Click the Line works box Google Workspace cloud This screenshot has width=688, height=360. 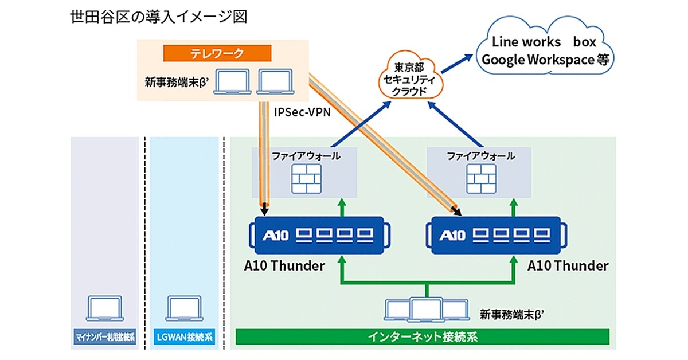[x=545, y=50]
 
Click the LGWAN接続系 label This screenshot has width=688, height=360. [x=185, y=337]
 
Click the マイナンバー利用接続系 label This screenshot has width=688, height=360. [x=104, y=337]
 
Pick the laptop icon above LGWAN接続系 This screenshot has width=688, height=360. [x=184, y=310]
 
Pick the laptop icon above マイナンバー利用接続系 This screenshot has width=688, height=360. [x=104, y=310]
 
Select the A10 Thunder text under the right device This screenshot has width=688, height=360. [x=568, y=265]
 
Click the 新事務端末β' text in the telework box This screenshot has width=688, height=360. [x=179, y=83]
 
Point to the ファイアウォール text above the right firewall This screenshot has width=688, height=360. [x=480, y=156]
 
